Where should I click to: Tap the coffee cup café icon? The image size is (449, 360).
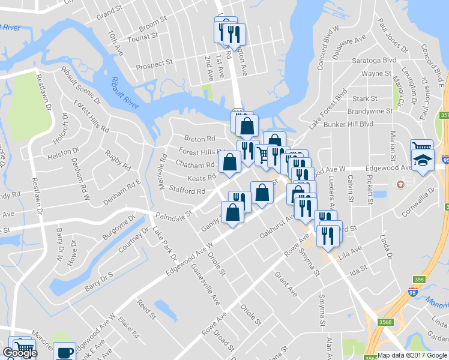[x=64, y=352]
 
